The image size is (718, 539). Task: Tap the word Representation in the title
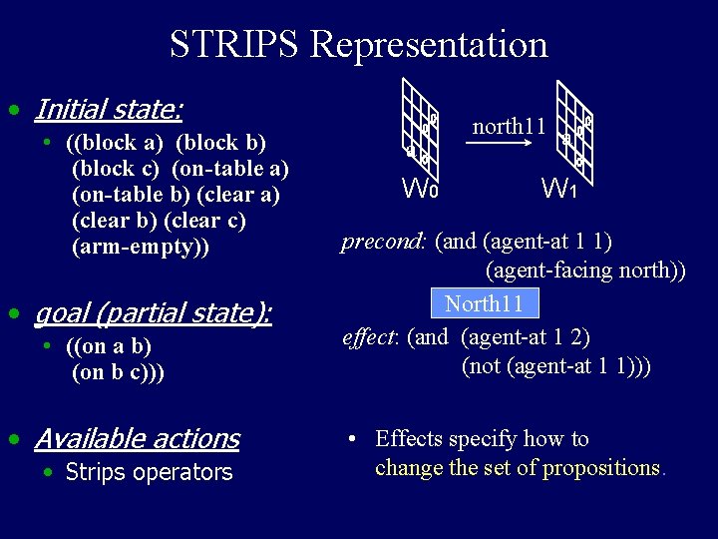[429, 45]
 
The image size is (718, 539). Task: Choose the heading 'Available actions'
[137, 438]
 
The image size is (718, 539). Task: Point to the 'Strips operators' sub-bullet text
[149, 472]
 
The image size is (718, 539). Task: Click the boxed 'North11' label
[484, 303]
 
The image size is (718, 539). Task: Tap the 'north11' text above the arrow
[508, 126]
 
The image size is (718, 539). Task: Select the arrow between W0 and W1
[508, 144]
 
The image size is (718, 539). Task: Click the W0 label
[419, 187]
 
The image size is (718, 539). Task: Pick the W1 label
[558, 187]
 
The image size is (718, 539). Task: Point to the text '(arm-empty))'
[141, 247]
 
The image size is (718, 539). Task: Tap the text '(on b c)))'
[119, 372]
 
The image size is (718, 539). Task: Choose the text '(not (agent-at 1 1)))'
[556, 365]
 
